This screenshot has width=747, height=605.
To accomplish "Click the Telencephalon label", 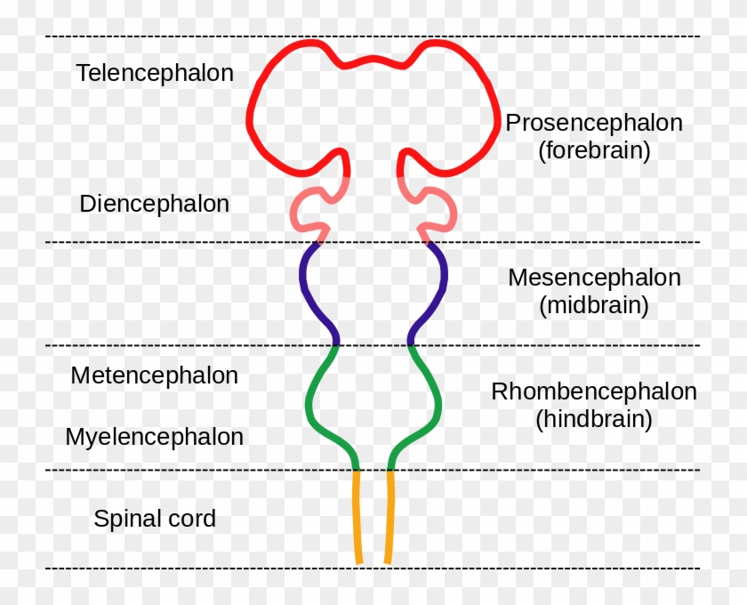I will (x=155, y=73).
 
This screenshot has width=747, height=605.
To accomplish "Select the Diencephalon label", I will (x=154, y=204).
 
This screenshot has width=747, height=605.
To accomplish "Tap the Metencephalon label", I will (x=154, y=375).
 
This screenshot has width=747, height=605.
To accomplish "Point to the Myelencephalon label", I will (x=154, y=437).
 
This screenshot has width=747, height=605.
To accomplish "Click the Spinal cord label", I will (x=154, y=519).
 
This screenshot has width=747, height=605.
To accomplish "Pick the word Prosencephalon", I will (x=594, y=123).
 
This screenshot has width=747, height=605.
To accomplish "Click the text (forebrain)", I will (x=594, y=150).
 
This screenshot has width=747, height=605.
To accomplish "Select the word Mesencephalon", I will (x=594, y=278).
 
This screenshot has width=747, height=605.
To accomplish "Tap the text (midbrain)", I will (x=594, y=305).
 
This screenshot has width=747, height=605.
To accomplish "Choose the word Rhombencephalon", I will (x=594, y=391).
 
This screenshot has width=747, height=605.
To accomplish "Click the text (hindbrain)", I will (x=594, y=418).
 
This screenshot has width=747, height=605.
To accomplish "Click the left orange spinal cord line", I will (x=357, y=516).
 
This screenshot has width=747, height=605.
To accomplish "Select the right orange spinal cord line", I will (x=390, y=516).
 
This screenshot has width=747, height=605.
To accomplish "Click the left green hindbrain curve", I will (x=309, y=405).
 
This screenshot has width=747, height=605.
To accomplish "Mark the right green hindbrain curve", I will (x=438, y=405).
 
